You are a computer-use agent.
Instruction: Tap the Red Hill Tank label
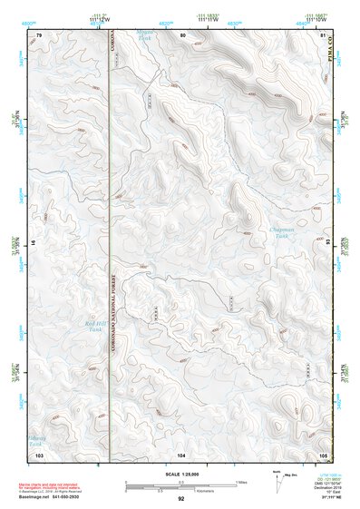[94, 326]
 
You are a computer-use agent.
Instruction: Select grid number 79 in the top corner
[39, 34]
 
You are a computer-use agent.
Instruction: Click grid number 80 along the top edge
[182, 34]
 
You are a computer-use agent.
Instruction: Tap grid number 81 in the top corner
[323, 34]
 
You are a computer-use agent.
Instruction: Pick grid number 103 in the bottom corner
[40, 452]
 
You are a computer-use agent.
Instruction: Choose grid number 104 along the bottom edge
[182, 452]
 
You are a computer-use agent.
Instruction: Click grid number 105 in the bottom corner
[323, 452]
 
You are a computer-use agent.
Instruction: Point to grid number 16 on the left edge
[33, 243]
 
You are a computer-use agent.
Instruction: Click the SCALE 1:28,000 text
[182, 475]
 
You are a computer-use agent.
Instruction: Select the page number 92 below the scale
[181, 498]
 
